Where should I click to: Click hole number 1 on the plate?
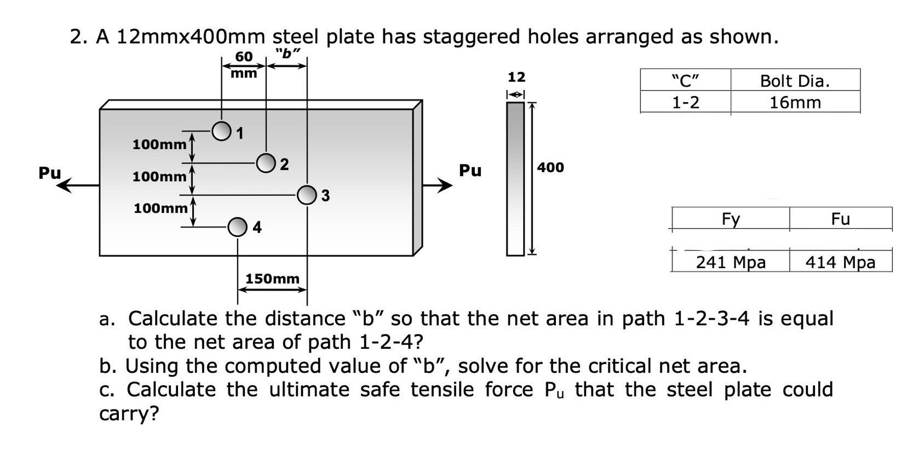click(221, 131)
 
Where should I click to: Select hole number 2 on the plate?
click(266, 163)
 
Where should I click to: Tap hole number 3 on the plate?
click(307, 195)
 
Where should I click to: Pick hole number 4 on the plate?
click(237, 226)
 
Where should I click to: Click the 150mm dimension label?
click(272, 279)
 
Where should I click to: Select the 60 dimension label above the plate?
click(244, 56)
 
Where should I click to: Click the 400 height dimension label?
click(550, 167)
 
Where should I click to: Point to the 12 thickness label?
click(516, 77)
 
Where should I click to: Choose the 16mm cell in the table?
click(795, 103)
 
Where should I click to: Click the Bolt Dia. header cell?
click(795, 81)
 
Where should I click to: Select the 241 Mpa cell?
click(731, 262)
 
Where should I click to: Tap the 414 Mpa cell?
click(840, 262)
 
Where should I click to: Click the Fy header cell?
click(731, 219)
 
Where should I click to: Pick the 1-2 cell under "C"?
click(686, 103)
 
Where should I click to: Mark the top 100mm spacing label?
click(159, 145)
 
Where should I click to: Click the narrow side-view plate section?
click(515, 179)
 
